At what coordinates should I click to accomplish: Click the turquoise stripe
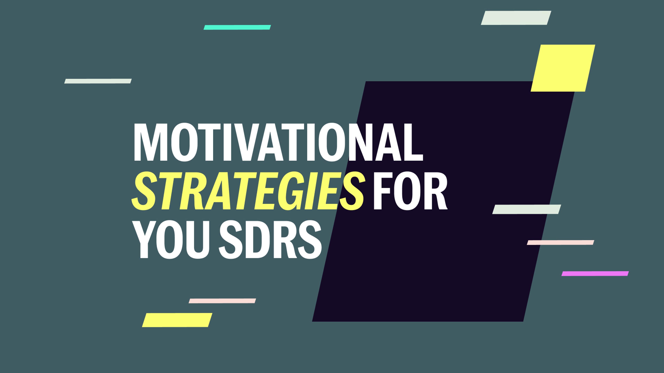point(237,27)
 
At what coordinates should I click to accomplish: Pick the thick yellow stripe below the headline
point(177,320)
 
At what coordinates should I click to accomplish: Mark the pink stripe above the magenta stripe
point(560,242)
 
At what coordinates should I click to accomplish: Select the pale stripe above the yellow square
point(516,18)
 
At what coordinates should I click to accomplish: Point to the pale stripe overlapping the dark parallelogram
point(527,209)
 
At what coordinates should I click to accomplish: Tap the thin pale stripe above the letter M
point(98,81)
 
